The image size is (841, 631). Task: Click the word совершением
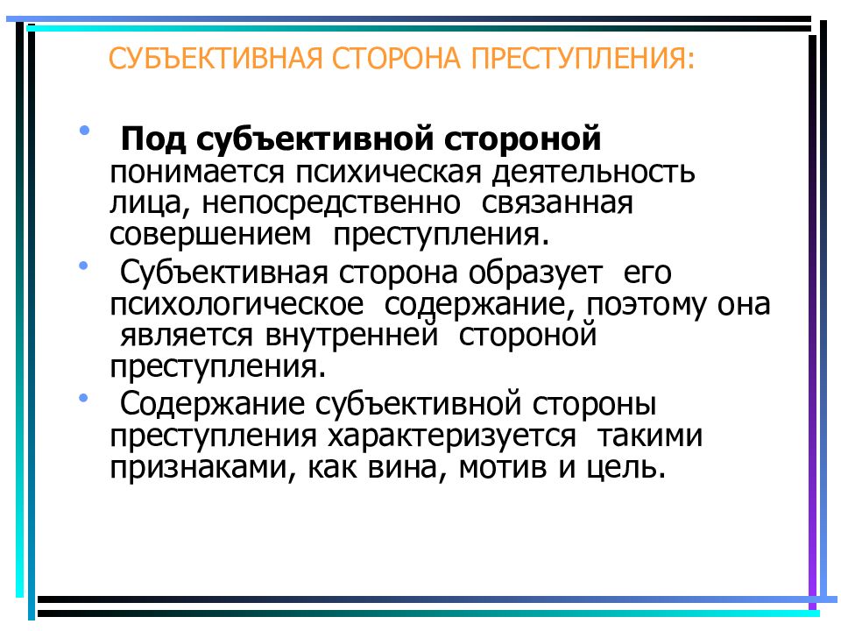click(x=210, y=235)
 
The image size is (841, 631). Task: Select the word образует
click(x=534, y=273)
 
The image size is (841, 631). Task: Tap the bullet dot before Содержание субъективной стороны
click(x=83, y=398)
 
